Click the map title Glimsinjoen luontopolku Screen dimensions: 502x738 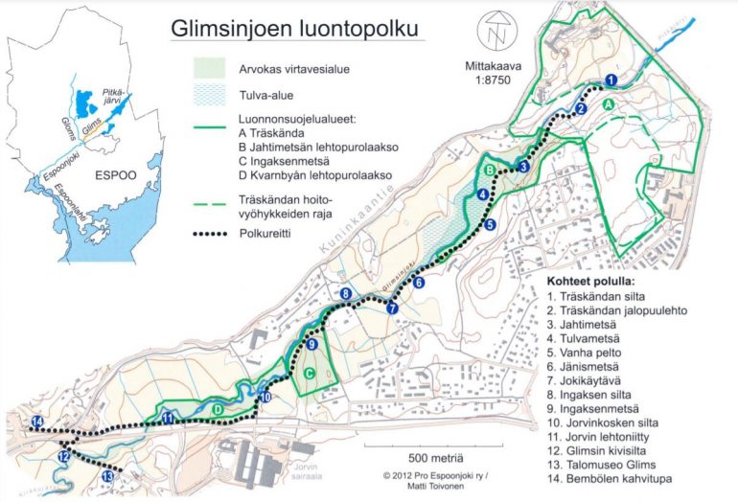click(294, 30)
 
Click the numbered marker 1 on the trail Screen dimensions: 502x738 click(611, 80)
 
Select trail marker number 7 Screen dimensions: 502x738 click(392, 308)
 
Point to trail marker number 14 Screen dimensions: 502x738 click(37, 422)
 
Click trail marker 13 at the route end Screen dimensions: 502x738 click(108, 476)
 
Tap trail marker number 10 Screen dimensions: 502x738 click(265, 397)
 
